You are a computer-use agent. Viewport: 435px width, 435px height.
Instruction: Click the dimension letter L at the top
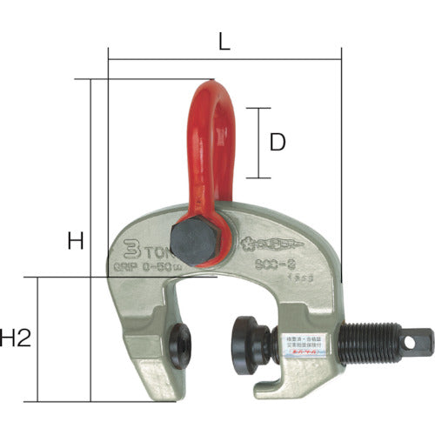tap(224, 40)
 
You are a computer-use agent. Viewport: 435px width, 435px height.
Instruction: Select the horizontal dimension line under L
tap(224, 60)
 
